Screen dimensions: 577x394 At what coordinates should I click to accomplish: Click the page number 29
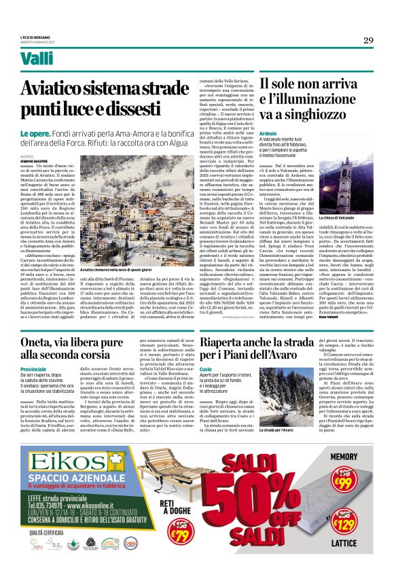tap(368, 40)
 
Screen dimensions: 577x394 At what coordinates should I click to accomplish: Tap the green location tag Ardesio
tap(268, 135)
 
